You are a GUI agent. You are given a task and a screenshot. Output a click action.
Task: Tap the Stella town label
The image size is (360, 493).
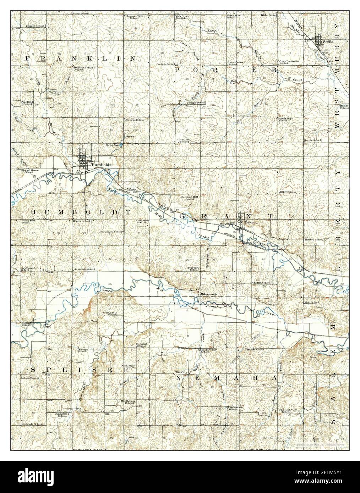coord(328,42)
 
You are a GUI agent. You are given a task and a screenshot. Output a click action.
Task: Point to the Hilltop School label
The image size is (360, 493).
coord(314,240)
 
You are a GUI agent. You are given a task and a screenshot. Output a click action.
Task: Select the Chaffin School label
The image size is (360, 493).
coord(261,283)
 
